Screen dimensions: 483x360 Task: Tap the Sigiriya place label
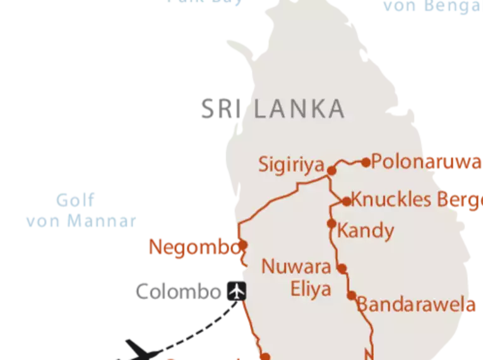pos(291,164)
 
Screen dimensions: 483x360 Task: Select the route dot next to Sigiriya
pos(330,169)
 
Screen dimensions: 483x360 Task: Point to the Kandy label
pos(366,231)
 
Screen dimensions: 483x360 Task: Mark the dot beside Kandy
pos(331,223)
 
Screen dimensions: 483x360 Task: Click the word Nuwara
pos(296,267)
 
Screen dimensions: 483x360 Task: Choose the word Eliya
pos(311,289)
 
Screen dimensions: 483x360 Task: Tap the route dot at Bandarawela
pos(351,295)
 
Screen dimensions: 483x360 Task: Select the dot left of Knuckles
pos(347,201)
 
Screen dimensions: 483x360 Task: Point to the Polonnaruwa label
pos(427,162)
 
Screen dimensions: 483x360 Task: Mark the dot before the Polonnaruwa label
pos(366,162)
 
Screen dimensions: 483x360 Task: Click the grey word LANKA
pos(299,109)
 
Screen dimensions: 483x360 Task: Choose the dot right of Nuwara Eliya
pos(342,268)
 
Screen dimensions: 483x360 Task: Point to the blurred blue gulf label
pos(79,212)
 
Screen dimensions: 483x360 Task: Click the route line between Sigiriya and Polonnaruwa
pos(348,162)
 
